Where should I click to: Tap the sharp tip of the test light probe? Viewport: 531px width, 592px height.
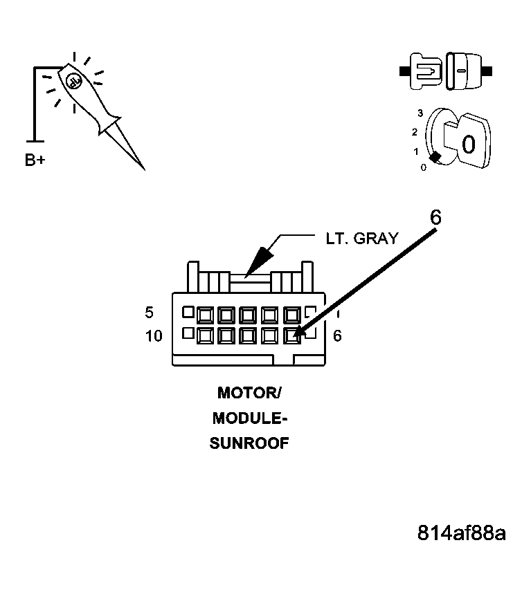143,169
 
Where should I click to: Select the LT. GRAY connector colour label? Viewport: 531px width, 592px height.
362,238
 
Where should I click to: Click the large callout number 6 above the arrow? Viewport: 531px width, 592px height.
435,216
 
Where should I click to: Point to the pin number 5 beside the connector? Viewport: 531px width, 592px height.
149,313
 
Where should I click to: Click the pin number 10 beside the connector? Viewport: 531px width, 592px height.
154,336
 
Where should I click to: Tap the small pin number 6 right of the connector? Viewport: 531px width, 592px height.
337,336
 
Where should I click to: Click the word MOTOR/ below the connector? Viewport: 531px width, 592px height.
249,394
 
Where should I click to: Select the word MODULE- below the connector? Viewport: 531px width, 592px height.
249,418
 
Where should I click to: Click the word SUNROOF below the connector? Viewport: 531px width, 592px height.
249,443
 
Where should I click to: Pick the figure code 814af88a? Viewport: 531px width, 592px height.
461,533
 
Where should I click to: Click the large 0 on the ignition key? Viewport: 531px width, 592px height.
468,144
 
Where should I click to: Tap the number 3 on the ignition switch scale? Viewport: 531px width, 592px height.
420,113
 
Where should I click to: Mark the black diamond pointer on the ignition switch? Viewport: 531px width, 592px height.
434,158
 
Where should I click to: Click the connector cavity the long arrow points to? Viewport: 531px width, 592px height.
292,336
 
